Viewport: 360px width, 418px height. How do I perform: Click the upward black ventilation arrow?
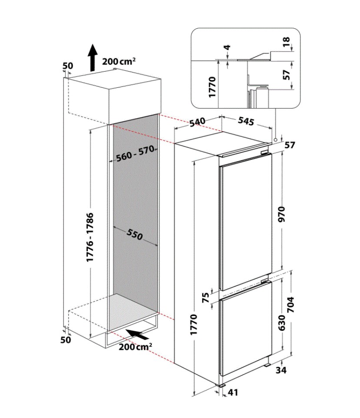pyautogui.click(x=93, y=58)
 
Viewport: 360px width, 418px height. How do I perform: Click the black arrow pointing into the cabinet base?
pyautogui.click(x=137, y=334)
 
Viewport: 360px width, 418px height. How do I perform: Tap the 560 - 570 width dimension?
pyautogui.click(x=135, y=153)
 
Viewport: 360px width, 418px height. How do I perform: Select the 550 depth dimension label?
pyautogui.click(x=135, y=234)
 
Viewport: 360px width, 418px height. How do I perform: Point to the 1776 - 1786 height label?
pyautogui.click(x=90, y=237)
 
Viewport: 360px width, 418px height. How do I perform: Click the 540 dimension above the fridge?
pyautogui.click(x=197, y=122)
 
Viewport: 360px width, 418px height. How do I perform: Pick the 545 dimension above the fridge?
pyautogui.click(x=246, y=121)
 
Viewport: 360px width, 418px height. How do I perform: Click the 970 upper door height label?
pyautogui.click(x=282, y=214)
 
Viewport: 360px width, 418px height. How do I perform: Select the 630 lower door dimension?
pyautogui.click(x=282, y=322)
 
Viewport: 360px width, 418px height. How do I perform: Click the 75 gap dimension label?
pyautogui.click(x=206, y=298)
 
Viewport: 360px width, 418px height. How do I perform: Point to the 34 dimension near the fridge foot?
pyautogui.click(x=281, y=370)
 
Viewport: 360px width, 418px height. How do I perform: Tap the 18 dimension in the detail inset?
pyautogui.click(x=286, y=42)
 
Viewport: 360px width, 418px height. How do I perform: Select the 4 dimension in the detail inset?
pyautogui.click(x=227, y=47)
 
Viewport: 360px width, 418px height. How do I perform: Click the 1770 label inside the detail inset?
pyautogui.click(x=212, y=87)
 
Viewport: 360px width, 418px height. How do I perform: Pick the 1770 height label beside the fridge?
pyautogui.click(x=193, y=325)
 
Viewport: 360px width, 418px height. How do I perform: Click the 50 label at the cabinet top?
pyautogui.click(x=68, y=66)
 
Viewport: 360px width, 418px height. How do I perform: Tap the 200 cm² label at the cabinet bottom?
pyautogui.click(x=136, y=347)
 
